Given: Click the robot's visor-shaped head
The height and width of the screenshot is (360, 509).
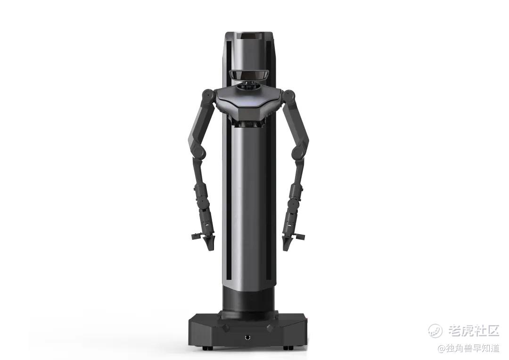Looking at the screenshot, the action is [248, 74].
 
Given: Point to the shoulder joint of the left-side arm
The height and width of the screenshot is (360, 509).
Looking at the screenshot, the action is [207, 95].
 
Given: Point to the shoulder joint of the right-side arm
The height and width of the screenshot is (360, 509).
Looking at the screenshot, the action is [289, 95].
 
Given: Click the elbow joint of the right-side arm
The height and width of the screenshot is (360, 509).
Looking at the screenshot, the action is [298, 151].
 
